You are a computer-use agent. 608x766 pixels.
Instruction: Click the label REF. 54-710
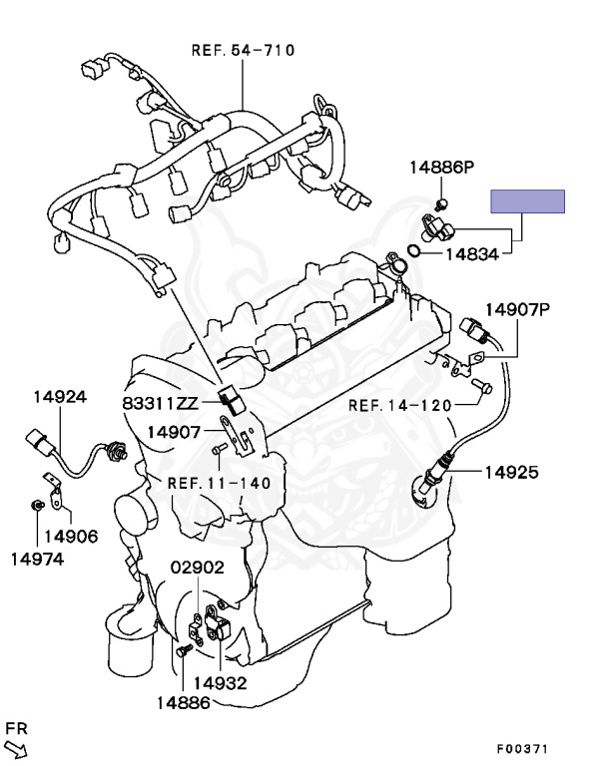click(244, 50)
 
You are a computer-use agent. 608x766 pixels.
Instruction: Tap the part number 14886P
click(440, 167)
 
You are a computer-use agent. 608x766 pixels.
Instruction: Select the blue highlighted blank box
click(527, 201)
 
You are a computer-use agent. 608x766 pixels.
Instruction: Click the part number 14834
click(471, 254)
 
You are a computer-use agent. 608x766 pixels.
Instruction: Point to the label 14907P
click(518, 309)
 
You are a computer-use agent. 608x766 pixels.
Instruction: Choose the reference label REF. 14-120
click(400, 405)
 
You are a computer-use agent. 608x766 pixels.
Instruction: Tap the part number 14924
click(59, 396)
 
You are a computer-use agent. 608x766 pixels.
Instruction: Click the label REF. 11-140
click(217, 483)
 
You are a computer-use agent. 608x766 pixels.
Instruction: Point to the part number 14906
click(70, 536)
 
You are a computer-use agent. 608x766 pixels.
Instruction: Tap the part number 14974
click(37, 559)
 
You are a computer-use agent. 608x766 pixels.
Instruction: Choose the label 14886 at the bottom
click(183, 703)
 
